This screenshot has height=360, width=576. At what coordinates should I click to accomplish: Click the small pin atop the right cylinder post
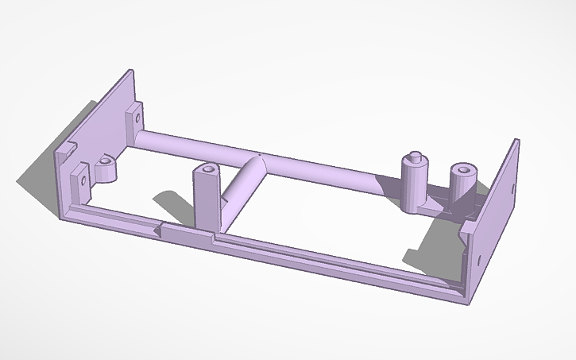(414, 155)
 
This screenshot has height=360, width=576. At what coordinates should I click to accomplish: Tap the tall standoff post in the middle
(207, 199)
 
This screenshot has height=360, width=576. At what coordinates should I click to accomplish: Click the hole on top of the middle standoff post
(209, 169)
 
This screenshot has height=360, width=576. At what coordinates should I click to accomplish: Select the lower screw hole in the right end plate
(481, 257)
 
